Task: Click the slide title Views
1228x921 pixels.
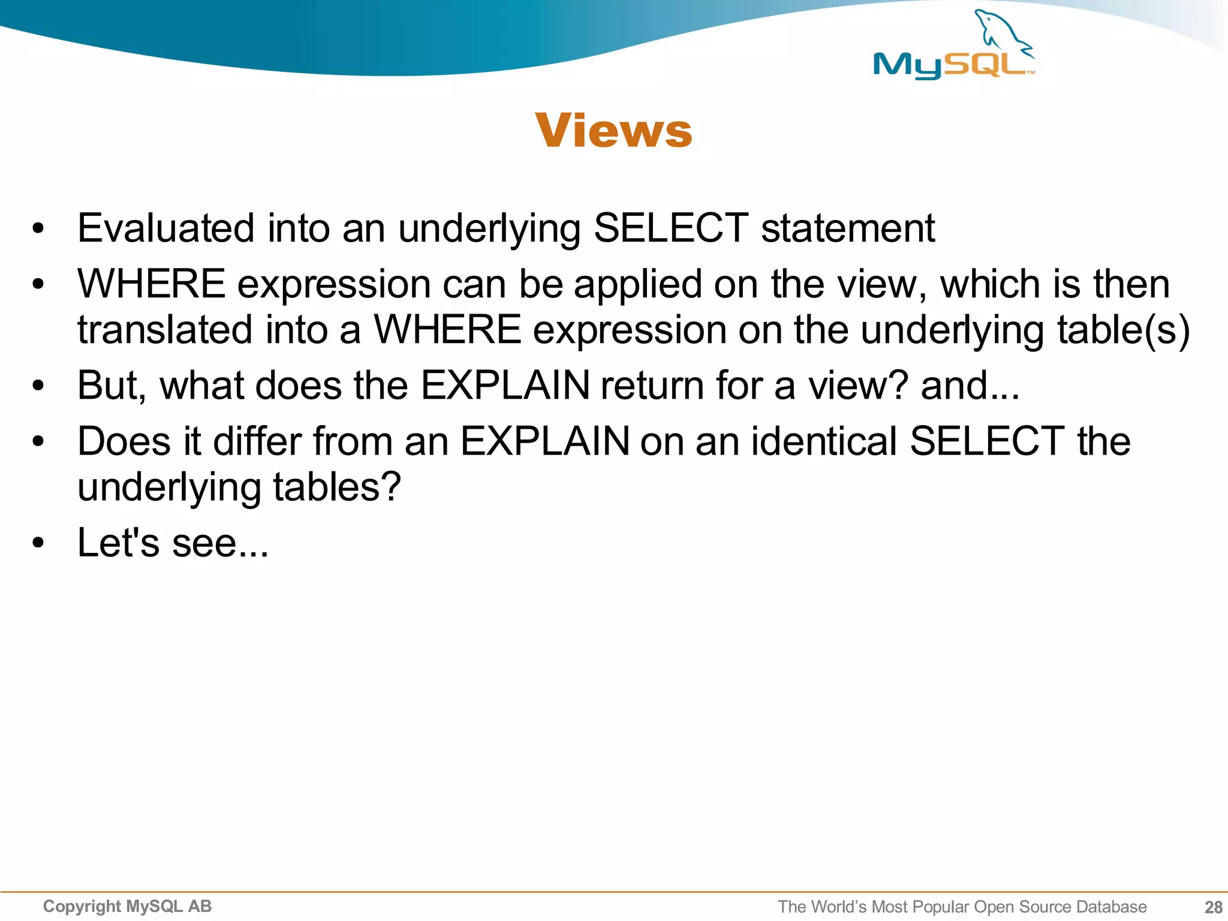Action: tap(613, 130)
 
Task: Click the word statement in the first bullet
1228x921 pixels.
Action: tap(847, 228)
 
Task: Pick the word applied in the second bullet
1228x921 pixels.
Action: tap(637, 284)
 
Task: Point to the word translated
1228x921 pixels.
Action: tap(165, 330)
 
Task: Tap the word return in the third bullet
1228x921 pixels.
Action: tap(652, 385)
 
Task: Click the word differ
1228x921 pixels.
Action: tap(257, 441)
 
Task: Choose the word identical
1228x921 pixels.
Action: tap(824, 441)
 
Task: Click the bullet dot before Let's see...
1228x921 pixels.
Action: tap(38, 543)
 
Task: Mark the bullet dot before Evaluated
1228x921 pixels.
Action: tap(38, 229)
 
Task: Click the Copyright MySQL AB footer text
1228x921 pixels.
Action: tap(127, 906)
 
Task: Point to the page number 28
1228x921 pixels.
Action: tap(1213, 907)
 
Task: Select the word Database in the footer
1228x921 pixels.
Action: tap(1111, 907)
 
